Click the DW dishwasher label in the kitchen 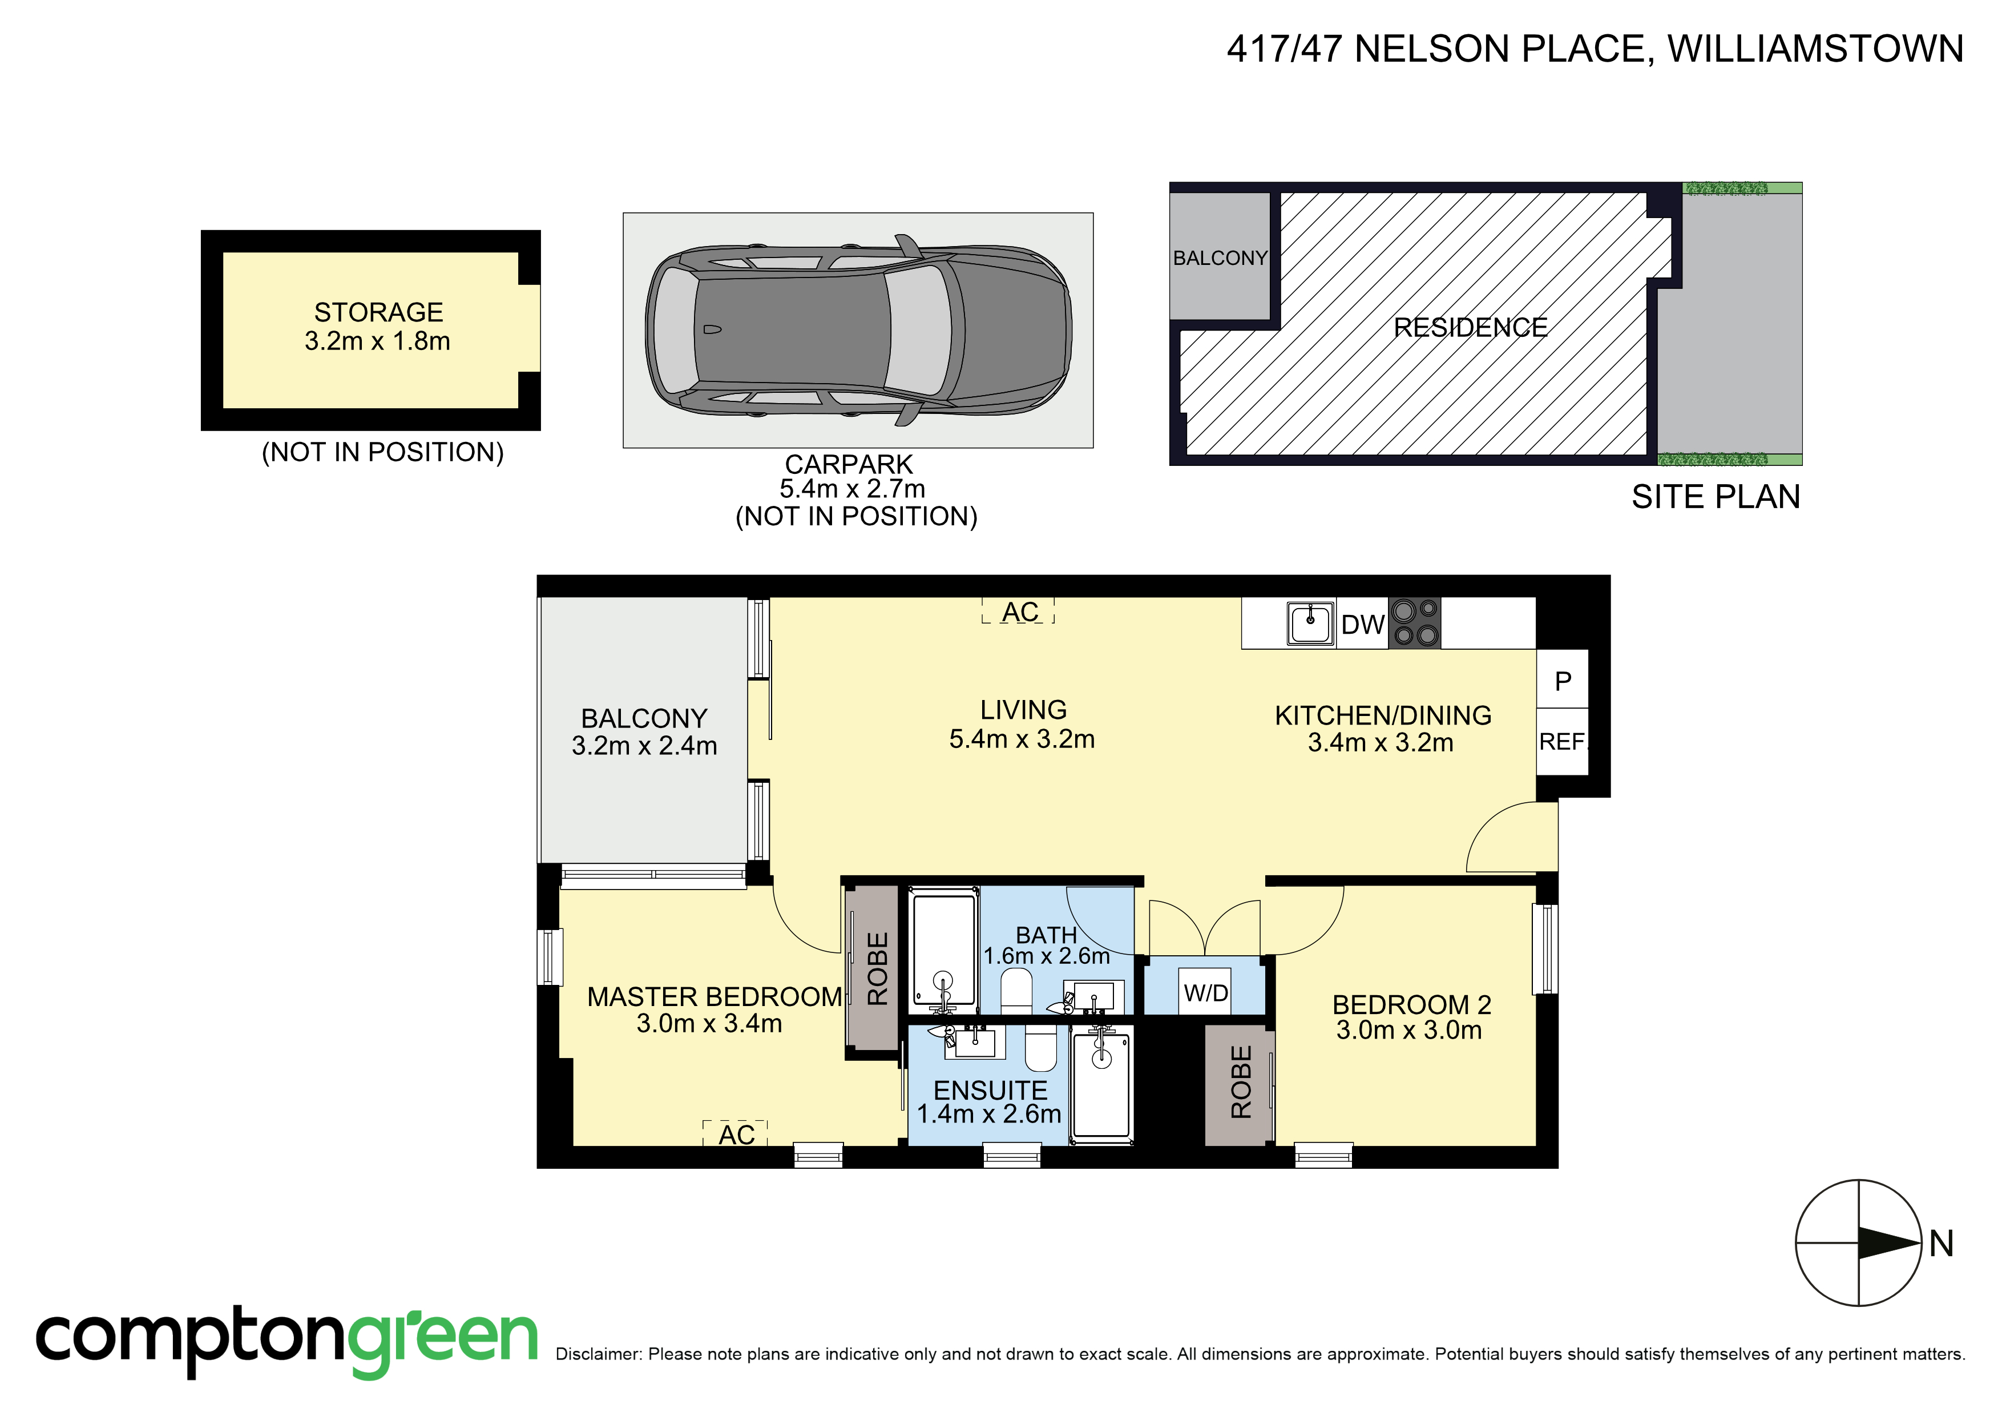click(1362, 625)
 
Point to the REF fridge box click(1561, 742)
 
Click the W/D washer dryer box click(1206, 992)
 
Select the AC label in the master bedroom click(736, 1134)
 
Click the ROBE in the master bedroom click(875, 968)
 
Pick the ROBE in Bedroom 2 click(1239, 1082)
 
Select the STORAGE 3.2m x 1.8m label click(378, 326)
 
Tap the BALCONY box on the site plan click(1219, 258)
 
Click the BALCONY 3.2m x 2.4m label click(644, 731)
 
